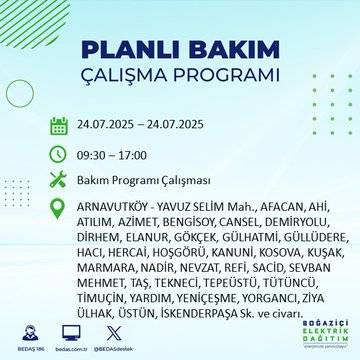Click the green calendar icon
coord(59,126)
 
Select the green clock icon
coord(59,154)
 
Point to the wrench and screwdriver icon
coord(59,181)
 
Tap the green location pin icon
coord(59,208)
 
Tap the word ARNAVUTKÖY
coord(111,208)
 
